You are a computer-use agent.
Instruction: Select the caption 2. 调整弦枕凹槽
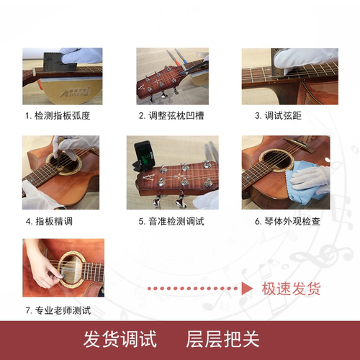click(x=173, y=115)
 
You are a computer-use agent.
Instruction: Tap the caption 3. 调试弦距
click(x=277, y=115)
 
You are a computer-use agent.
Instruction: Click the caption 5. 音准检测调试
click(x=171, y=221)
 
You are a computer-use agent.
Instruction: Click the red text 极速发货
click(x=292, y=289)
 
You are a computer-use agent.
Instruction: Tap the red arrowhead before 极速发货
click(x=247, y=289)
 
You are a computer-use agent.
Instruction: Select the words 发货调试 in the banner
click(x=120, y=339)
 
